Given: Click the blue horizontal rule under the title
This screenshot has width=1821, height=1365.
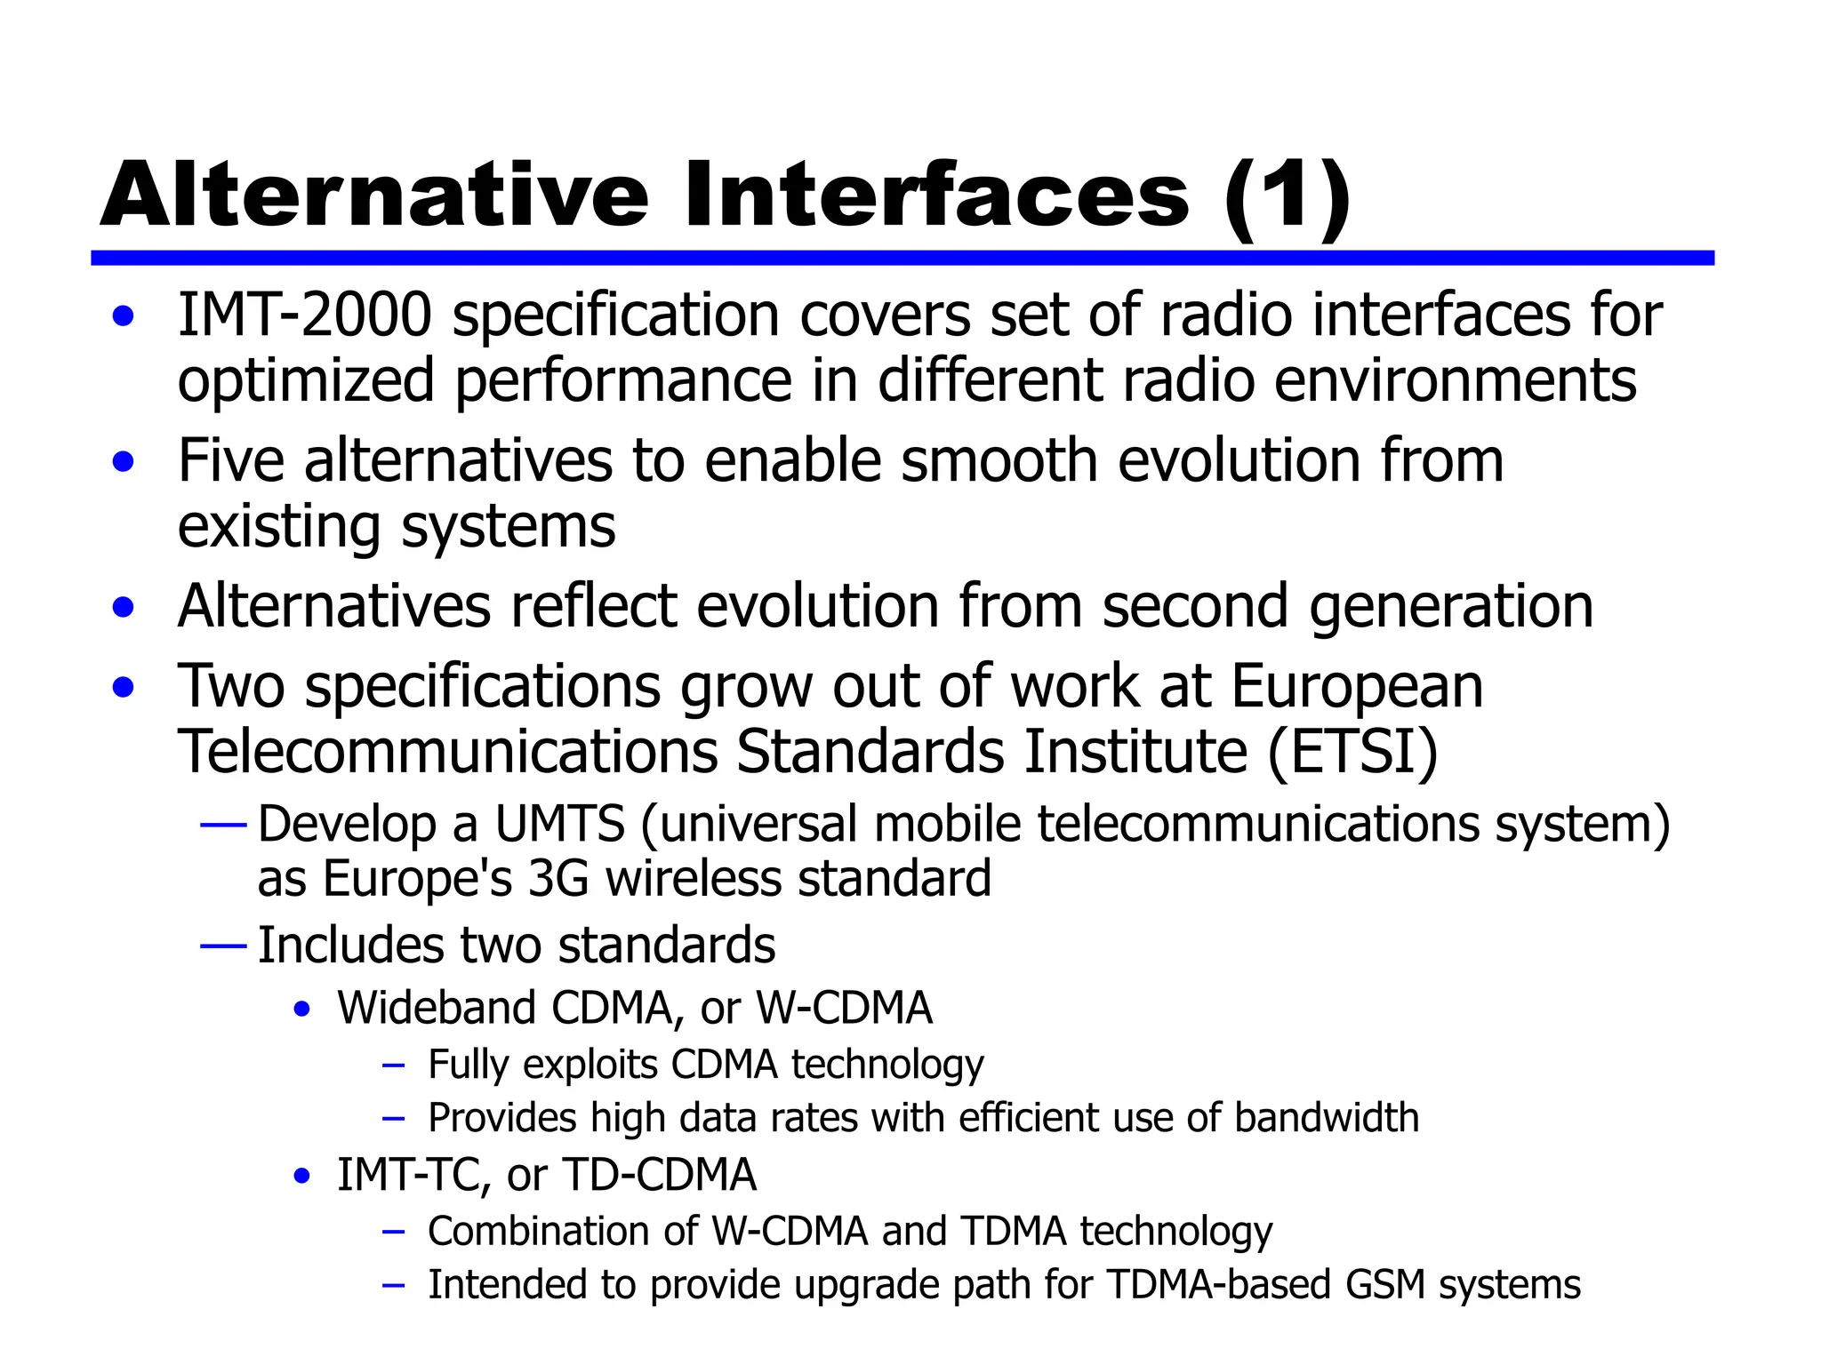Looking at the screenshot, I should (x=902, y=258).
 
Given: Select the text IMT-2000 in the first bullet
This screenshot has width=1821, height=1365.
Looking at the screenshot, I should (x=304, y=315).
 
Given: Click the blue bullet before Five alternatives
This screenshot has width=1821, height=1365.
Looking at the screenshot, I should (x=124, y=462).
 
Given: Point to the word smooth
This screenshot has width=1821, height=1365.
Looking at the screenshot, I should (x=999, y=461).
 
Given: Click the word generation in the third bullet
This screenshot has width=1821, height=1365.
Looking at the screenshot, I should (x=1450, y=607).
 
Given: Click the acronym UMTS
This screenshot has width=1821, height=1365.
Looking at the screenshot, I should (x=559, y=824).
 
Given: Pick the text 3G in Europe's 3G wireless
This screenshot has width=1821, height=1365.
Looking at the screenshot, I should (x=558, y=879).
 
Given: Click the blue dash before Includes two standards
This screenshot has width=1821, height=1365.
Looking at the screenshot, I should (x=223, y=946).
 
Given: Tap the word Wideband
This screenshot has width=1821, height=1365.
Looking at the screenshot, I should (x=436, y=1009).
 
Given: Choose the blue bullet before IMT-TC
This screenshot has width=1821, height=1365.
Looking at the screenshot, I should (x=302, y=1177).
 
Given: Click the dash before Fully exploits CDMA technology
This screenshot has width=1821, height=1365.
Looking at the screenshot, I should (x=393, y=1066).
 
